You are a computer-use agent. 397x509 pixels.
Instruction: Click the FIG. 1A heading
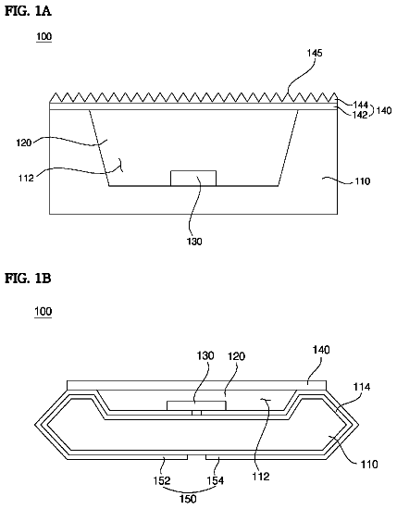click(28, 11)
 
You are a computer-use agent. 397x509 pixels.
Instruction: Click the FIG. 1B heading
click(28, 279)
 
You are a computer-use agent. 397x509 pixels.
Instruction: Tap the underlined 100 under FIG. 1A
click(43, 36)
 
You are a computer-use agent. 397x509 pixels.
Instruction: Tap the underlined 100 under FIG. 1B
click(43, 311)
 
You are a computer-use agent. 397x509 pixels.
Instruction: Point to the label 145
click(315, 53)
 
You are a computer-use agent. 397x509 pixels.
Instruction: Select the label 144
click(360, 105)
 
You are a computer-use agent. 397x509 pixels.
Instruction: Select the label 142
click(360, 114)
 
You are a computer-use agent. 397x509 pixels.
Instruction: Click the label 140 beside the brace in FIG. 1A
click(384, 110)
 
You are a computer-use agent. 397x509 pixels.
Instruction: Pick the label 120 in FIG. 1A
click(24, 143)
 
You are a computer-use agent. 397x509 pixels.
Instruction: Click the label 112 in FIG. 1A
click(26, 178)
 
